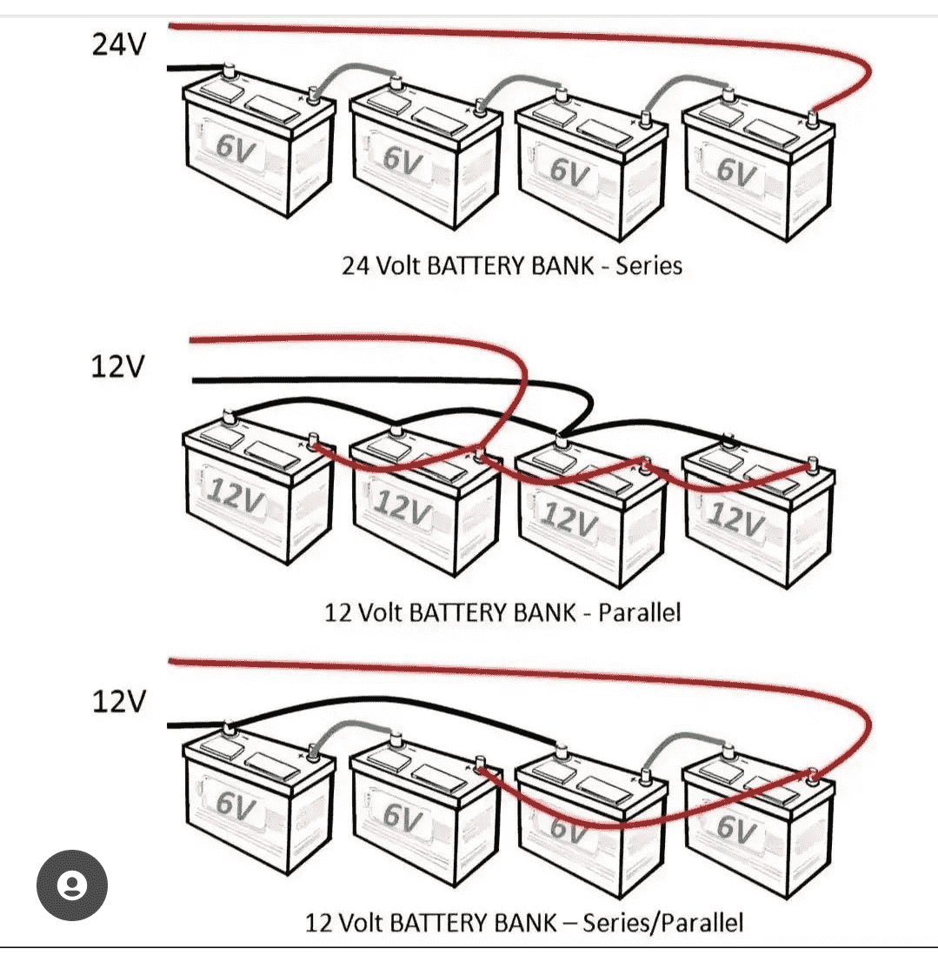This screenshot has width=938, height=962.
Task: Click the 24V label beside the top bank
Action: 120,43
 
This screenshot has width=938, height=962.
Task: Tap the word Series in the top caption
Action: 649,264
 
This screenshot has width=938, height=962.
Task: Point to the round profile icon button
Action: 72,885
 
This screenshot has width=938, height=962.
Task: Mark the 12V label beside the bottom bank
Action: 120,701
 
